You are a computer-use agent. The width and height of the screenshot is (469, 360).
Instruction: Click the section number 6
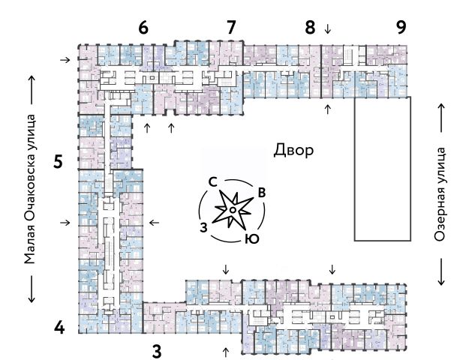(x=143, y=28)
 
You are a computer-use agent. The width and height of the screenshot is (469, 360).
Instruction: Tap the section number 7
(x=231, y=28)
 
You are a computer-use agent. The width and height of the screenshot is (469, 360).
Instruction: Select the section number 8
(x=310, y=28)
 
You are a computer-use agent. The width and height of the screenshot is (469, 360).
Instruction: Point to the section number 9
(x=401, y=28)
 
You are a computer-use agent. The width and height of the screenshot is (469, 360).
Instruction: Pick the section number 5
(x=58, y=161)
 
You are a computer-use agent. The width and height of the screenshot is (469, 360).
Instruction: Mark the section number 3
(x=157, y=349)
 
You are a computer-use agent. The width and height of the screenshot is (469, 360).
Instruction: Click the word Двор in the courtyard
(x=293, y=151)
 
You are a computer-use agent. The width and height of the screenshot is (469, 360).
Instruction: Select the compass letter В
(x=261, y=193)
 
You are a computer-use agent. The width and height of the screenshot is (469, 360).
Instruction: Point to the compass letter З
(x=203, y=226)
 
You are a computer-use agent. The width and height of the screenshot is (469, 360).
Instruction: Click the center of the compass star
(x=233, y=211)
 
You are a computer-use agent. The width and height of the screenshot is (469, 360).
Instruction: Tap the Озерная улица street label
(x=440, y=193)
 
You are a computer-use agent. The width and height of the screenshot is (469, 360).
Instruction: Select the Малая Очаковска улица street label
(x=30, y=189)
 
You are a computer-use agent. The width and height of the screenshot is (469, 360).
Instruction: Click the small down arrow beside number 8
(x=326, y=29)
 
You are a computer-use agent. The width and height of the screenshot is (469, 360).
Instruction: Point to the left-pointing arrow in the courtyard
(x=154, y=222)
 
